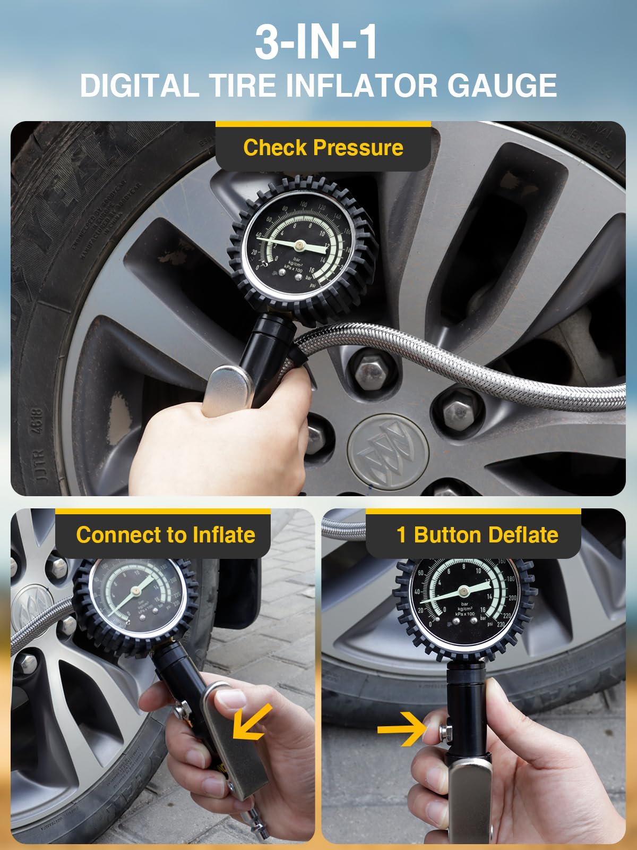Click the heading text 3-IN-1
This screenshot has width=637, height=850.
point(316,42)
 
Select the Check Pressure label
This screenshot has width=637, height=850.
point(323,148)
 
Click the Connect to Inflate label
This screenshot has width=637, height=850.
point(165,535)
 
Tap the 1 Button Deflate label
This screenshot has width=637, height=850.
point(477,535)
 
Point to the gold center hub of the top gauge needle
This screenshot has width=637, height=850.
point(300,245)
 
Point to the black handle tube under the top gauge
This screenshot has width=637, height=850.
point(265,351)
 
